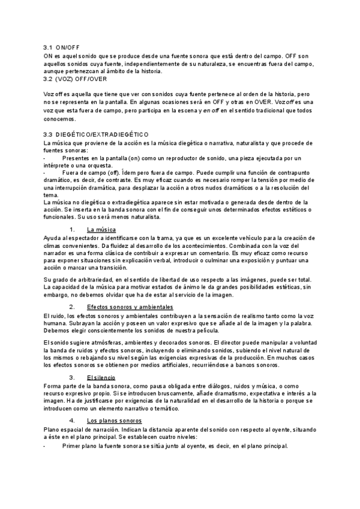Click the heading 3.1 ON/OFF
[62, 47]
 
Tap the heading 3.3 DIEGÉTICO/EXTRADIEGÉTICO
[96, 134]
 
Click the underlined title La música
[101, 230]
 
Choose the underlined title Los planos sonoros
[114, 421]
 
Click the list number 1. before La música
[73, 230]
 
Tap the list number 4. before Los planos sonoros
[73, 421]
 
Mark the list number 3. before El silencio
[73, 377]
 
